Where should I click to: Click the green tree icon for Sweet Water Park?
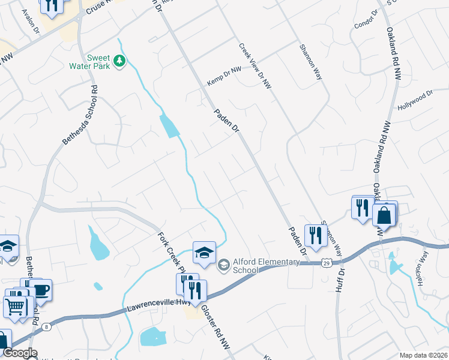coord(120,60)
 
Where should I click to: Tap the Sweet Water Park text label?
coord(98,62)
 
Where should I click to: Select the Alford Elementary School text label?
coord(259,266)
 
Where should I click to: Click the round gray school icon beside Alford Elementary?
coord(223,264)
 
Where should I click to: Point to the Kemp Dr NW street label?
coord(224,76)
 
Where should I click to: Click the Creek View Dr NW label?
coord(255,67)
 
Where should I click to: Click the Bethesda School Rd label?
coord(79,115)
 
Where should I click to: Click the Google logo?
coord(19,353)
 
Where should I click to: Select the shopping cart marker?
coord(15,305)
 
